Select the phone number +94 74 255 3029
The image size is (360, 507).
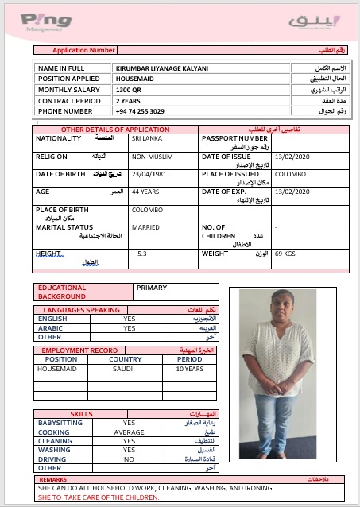click(x=140, y=111)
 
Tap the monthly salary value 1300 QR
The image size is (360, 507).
click(x=129, y=90)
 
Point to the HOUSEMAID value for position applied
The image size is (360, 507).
click(x=134, y=79)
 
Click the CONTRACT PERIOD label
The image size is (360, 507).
click(x=69, y=101)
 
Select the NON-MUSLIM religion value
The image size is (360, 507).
click(x=151, y=157)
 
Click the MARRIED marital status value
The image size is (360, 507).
click(x=145, y=227)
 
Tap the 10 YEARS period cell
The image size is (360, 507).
click(x=188, y=369)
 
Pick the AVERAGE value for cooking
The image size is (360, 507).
click(x=129, y=432)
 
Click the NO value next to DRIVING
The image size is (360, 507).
click(x=129, y=459)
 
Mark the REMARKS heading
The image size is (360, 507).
click(x=53, y=479)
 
